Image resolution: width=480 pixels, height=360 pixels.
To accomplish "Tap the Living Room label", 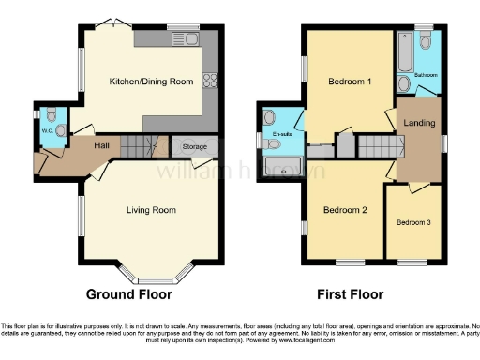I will click(151, 209).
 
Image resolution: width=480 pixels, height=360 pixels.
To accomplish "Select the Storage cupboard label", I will click(194, 147).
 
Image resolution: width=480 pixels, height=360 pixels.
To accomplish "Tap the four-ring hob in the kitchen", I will click(210, 82).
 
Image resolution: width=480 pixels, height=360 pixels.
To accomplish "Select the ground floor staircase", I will click(140, 145).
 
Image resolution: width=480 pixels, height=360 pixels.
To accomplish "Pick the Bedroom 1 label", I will click(349, 82).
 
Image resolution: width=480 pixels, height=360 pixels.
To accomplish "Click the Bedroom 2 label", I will click(344, 209).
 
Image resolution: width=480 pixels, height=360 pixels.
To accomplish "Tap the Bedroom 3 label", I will click(413, 222).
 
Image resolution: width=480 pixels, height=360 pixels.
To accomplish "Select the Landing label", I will click(418, 124).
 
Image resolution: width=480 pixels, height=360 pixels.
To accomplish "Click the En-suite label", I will click(280, 134).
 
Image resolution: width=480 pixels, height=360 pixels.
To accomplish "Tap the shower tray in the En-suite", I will click(281, 166).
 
